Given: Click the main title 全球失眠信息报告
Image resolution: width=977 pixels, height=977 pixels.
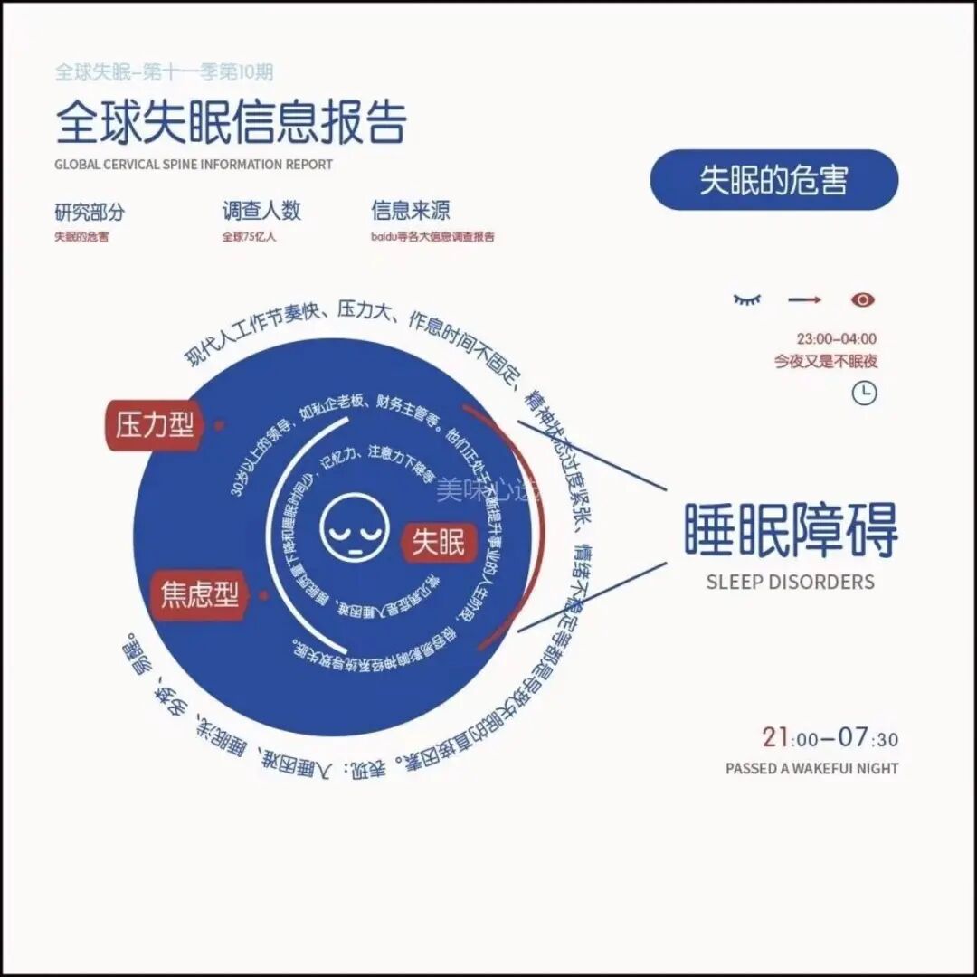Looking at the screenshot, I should pyautogui.click(x=231, y=123).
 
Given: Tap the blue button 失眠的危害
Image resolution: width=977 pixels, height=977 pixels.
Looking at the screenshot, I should pyautogui.click(x=773, y=180).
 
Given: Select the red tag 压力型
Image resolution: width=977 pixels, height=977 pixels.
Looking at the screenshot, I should pyautogui.click(x=155, y=423).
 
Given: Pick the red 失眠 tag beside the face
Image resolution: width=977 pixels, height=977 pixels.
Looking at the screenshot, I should pyautogui.click(x=439, y=542).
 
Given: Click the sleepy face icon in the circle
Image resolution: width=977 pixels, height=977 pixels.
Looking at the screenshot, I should pyautogui.click(x=355, y=526).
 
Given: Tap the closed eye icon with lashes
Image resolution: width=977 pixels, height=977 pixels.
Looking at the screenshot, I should pyautogui.click(x=747, y=299).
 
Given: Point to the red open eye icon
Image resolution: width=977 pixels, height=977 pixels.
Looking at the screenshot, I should pyautogui.click(x=863, y=299).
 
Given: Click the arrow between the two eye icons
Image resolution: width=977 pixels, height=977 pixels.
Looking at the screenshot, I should pyautogui.click(x=804, y=299).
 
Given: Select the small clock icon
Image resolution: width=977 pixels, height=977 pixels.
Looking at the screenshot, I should pyautogui.click(x=865, y=393).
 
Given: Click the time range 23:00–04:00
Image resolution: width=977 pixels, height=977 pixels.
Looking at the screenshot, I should pyautogui.click(x=836, y=339).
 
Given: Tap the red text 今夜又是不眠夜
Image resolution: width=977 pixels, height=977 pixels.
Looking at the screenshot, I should pyautogui.click(x=825, y=361).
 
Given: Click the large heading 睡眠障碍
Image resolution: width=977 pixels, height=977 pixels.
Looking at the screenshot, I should pyautogui.click(x=791, y=530).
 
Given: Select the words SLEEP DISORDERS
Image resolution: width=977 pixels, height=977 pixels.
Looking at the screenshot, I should pyautogui.click(x=790, y=582).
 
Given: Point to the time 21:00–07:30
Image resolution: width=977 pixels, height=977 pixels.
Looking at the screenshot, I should pyautogui.click(x=830, y=738).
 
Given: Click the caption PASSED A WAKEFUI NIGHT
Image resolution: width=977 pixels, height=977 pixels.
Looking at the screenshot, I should pyautogui.click(x=811, y=768).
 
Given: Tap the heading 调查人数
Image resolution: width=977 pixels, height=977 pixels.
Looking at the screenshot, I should pyautogui.click(x=261, y=212).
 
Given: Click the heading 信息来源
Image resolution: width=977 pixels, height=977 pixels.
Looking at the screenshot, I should pyautogui.click(x=410, y=212).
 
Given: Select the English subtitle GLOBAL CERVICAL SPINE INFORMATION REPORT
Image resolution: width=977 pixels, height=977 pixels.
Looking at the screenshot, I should pyautogui.click(x=194, y=165).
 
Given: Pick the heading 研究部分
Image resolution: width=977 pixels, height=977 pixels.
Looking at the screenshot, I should pyautogui.click(x=90, y=213).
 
